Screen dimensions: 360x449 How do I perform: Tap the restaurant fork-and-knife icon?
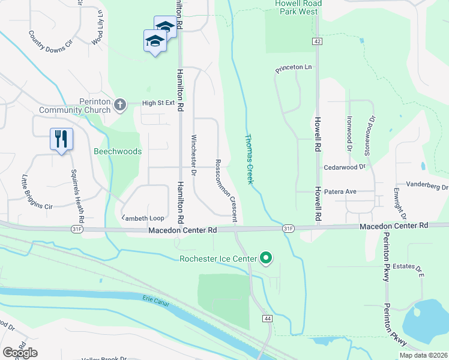tap(61, 139)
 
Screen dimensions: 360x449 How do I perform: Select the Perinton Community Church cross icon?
tap(119, 105)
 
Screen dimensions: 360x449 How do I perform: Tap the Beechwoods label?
tap(118, 151)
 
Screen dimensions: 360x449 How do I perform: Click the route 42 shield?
tap(317, 41)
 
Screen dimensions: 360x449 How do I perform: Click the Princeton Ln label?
tap(294, 69)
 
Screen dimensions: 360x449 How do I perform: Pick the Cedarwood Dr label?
tap(345, 167)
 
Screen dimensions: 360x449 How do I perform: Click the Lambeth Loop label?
tap(143, 218)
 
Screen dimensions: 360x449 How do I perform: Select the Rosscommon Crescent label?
tap(226, 188)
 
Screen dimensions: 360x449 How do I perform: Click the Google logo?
tap(20, 353)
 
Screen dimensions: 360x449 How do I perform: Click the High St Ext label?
tap(158, 103)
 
